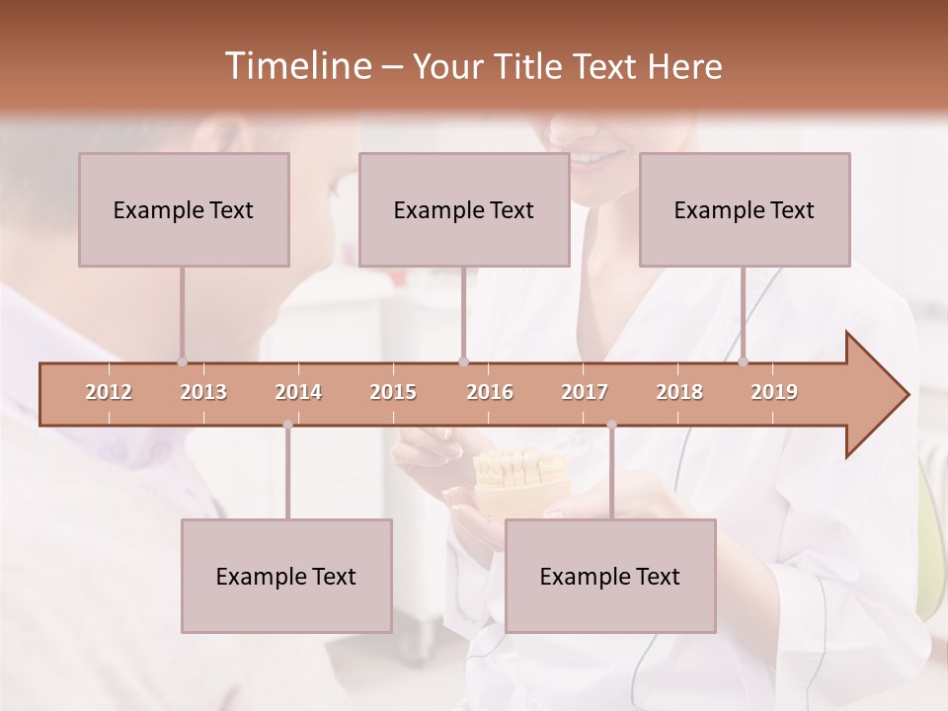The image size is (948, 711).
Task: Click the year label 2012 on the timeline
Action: coord(109,392)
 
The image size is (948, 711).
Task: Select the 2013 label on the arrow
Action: coord(203,392)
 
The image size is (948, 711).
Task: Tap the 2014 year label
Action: coord(298,392)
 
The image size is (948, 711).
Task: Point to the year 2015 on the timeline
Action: coord(393,392)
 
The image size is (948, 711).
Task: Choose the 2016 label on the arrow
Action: coord(490,392)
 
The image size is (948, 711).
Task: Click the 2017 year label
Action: coord(585,392)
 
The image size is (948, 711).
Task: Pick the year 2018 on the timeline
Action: coord(679,392)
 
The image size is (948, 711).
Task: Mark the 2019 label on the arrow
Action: coord(774,392)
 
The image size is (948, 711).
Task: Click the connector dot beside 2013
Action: coord(182,361)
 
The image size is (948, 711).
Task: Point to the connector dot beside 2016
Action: coord(464,361)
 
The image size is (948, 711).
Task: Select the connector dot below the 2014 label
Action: coord(287,425)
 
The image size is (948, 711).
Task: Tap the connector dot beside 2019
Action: coord(743,361)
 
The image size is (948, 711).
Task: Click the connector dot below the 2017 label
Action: coord(611,425)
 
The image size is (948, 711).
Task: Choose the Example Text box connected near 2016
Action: coord(464,209)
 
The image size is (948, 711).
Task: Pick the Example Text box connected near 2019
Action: coord(745,209)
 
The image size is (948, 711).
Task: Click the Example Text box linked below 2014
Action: coord(286,576)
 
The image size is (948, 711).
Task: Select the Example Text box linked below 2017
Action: coord(610,576)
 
